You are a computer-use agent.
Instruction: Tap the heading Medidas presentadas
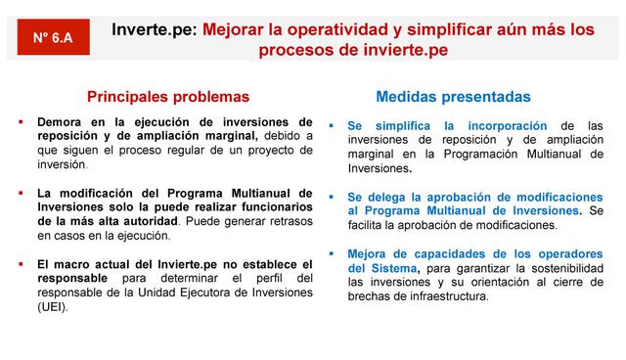coord(453,97)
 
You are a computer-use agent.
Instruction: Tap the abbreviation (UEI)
coord(53,305)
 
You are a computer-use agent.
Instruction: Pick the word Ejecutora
coord(193,292)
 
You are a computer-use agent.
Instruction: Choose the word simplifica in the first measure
coord(403,126)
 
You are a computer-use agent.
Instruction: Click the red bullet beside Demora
coord(21,122)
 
